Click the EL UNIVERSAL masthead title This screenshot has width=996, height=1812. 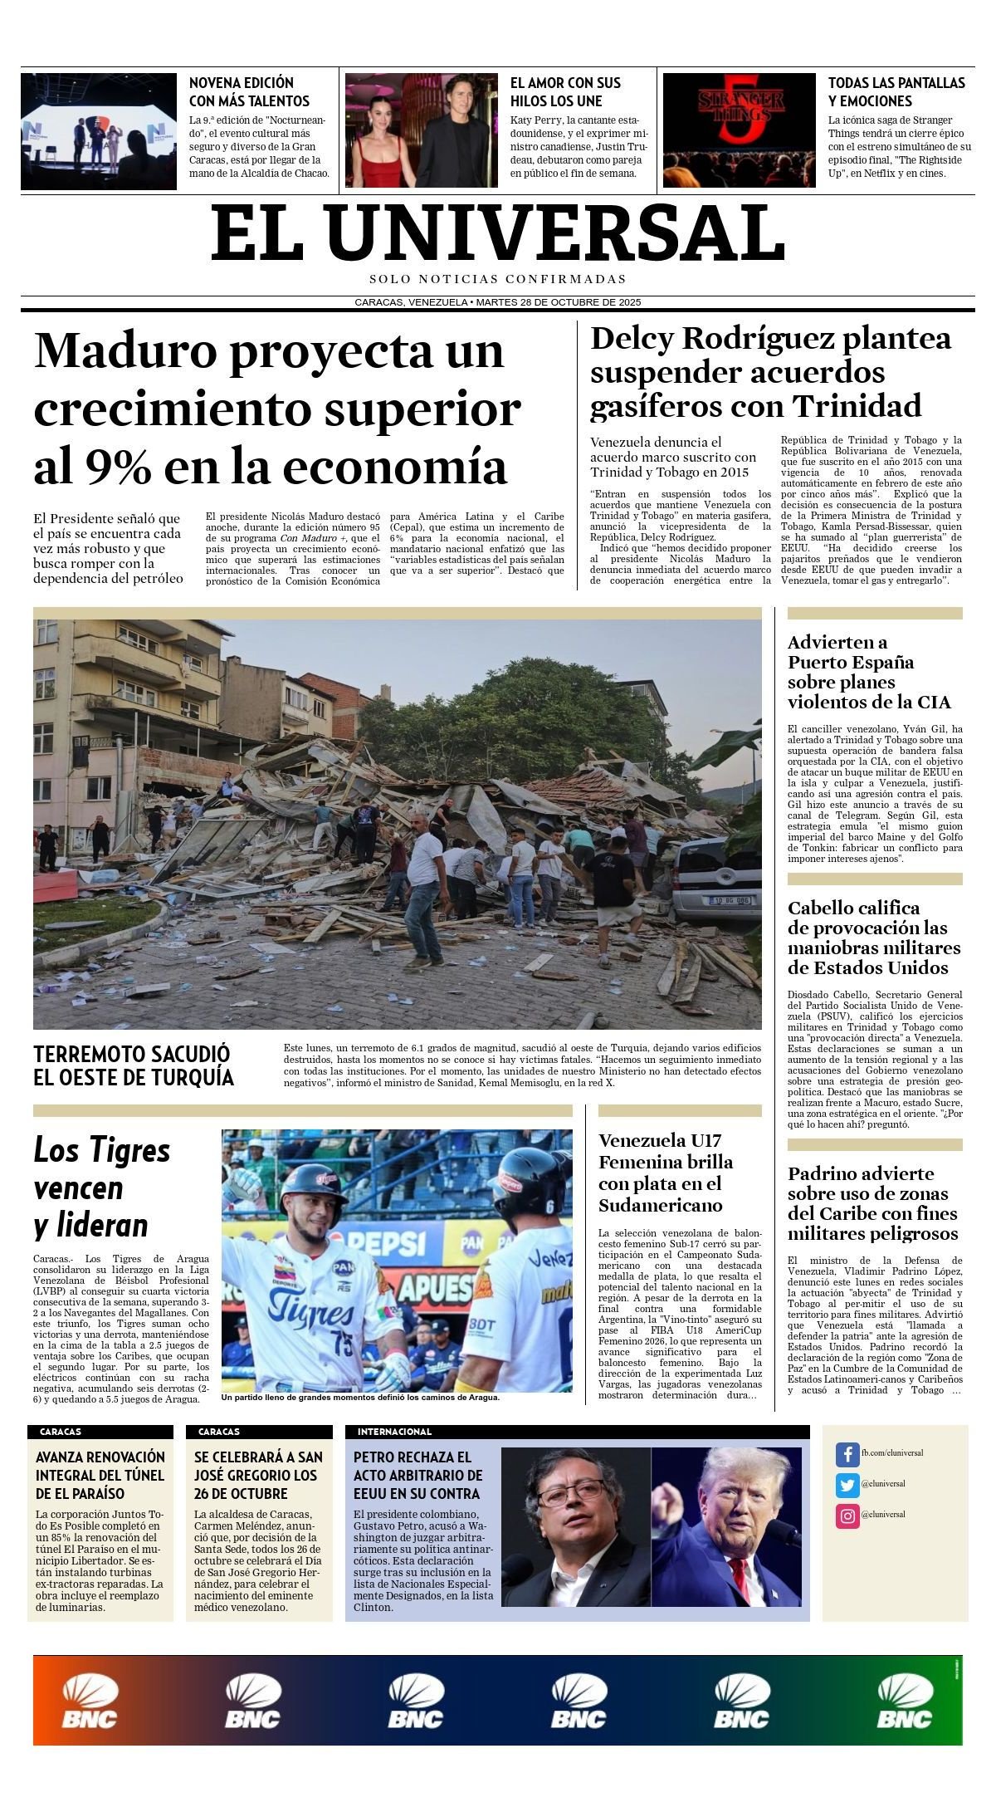click(498, 233)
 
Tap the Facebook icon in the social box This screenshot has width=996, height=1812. click(847, 1454)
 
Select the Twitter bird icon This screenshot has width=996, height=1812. click(847, 1485)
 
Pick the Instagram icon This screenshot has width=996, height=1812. click(847, 1516)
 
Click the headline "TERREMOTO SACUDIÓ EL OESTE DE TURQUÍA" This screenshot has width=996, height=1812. click(134, 1065)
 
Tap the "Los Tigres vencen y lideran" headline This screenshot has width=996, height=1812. click(102, 1188)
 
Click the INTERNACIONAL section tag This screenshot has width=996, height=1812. click(394, 1432)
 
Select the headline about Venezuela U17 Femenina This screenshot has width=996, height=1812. click(666, 1173)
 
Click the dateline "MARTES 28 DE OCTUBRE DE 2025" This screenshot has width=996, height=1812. click(558, 302)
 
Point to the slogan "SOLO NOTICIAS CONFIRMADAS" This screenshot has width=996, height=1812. click(498, 279)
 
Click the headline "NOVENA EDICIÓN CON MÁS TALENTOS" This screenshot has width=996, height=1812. click(249, 91)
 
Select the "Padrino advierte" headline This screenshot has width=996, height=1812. click(872, 1203)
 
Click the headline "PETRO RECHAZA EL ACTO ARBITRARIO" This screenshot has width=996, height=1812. click(417, 1475)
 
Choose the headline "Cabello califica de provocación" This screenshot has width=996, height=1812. click(873, 938)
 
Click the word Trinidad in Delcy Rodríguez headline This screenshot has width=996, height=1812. click(857, 406)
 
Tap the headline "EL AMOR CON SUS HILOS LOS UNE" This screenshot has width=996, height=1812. click(565, 91)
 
